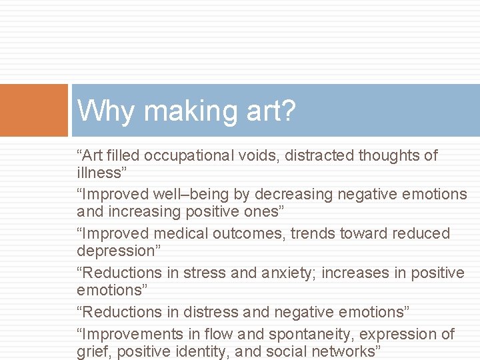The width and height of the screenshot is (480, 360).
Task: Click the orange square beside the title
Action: (x=33, y=110)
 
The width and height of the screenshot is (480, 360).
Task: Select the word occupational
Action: (x=189, y=156)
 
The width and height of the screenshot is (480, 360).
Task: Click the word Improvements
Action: (x=133, y=334)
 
